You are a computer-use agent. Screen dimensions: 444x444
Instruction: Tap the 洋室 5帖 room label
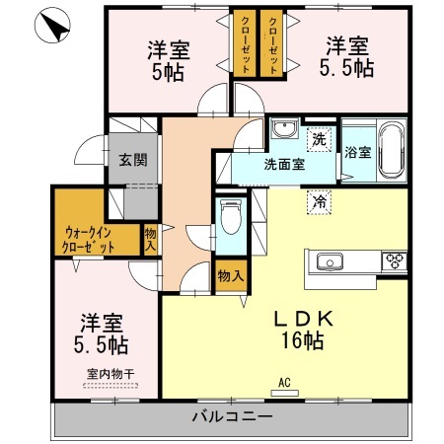click(169, 58)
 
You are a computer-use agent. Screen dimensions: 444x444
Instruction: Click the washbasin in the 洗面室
click(285, 131)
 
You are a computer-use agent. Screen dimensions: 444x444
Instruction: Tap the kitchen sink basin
click(327, 261)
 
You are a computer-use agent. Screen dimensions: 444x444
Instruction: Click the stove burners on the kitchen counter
click(395, 261)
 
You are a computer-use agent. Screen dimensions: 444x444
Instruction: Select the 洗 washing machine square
click(318, 138)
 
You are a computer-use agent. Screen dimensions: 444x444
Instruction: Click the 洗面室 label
click(283, 165)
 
